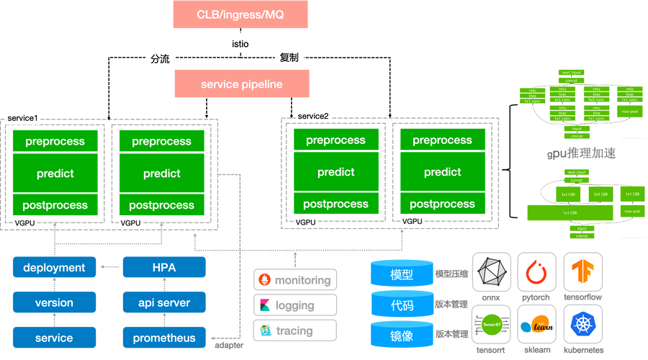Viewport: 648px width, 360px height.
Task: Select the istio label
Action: coord(240,44)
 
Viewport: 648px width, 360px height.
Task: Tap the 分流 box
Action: coord(160,59)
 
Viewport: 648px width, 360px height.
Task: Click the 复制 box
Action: coord(289,58)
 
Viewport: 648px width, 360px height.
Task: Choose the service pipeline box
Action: coord(241,84)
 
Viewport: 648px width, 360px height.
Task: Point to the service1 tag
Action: coord(22,117)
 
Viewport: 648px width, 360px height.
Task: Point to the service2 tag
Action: coord(313,116)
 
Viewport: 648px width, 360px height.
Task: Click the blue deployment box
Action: coord(54,267)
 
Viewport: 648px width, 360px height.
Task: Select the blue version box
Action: coord(54,302)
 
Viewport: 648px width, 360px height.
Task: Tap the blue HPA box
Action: coord(164,267)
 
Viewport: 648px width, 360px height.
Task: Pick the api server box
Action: coord(164,302)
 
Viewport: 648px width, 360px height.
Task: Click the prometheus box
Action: coord(164,338)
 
